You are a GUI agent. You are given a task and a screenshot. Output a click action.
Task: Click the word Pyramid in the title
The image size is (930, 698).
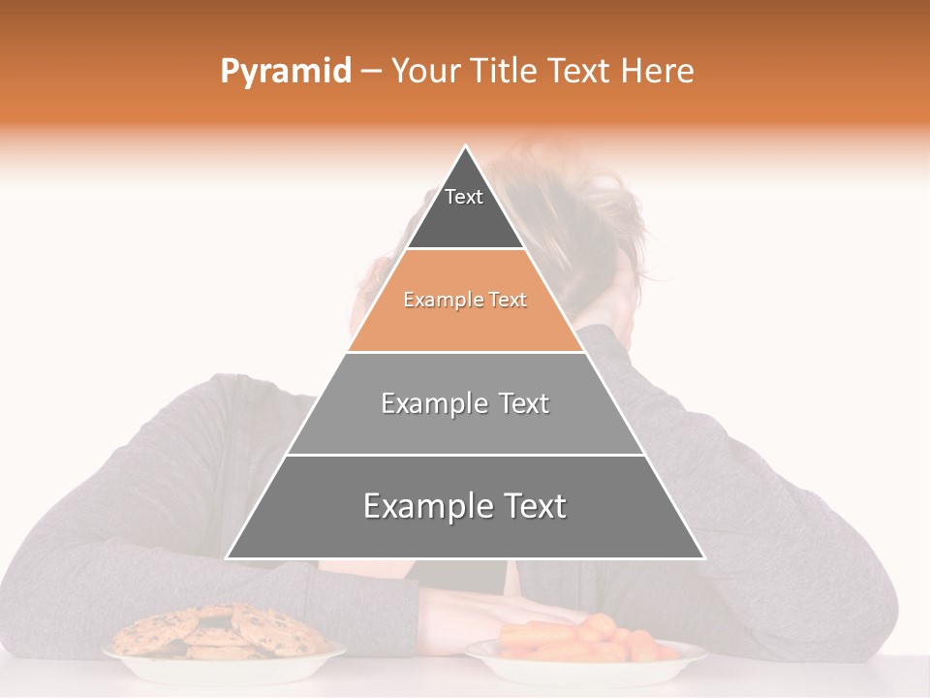(286, 72)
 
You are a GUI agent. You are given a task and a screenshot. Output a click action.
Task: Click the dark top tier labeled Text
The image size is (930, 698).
(464, 208)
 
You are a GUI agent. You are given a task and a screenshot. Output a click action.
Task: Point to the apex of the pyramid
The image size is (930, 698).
(466, 148)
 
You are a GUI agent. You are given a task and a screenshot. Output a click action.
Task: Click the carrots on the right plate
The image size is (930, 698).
(581, 640)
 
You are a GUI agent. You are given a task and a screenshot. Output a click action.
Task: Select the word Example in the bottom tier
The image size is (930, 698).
(426, 506)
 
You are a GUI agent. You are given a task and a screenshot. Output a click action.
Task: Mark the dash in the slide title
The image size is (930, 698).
(371, 72)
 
